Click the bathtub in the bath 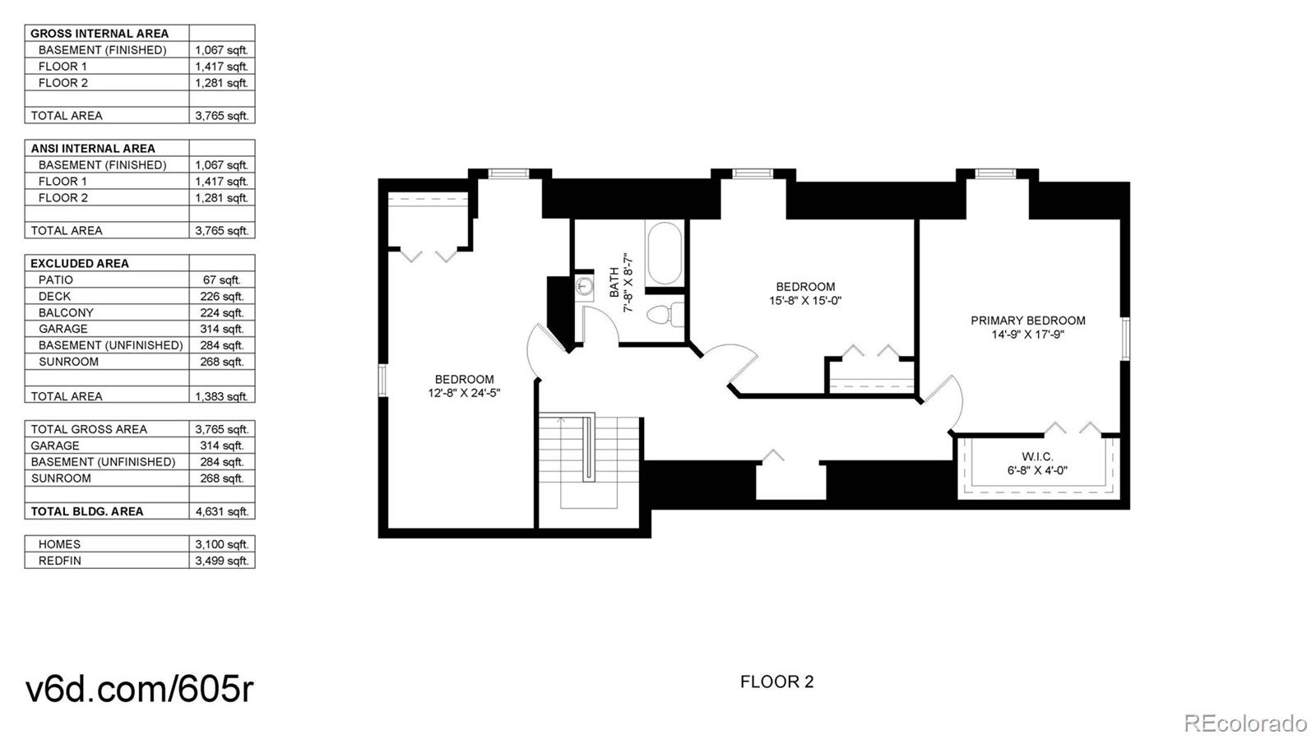click(x=664, y=253)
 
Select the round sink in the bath click(x=585, y=286)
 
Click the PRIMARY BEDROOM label click(x=1027, y=321)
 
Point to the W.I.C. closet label click(x=1037, y=457)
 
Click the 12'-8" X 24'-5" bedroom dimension click(x=464, y=393)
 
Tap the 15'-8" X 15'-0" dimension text click(x=805, y=301)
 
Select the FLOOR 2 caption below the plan click(x=776, y=681)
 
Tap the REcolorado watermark click(x=1244, y=722)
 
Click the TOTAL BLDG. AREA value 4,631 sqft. click(x=222, y=511)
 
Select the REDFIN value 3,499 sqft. click(x=222, y=561)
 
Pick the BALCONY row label click(x=66, y=313)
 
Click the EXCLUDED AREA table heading click(x=79, y=264)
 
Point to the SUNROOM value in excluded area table click(x=222, y=362)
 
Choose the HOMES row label click(x=59, y=544)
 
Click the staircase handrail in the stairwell click(x=589, y=449)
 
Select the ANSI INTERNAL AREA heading click(x=93, y=149)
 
